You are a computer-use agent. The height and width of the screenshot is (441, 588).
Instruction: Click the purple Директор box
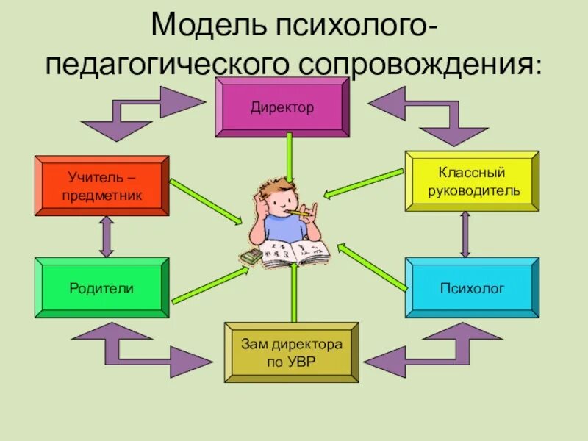pos(282,107)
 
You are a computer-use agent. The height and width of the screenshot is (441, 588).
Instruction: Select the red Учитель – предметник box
pos(102,186)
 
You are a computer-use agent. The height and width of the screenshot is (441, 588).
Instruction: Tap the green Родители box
pos(101,288)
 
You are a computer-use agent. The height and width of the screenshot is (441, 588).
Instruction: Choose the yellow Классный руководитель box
pos(472,182)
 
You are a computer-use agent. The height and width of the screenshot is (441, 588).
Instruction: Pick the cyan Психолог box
pos(472,288)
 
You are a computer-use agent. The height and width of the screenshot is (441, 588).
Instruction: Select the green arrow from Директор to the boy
pos(290,158)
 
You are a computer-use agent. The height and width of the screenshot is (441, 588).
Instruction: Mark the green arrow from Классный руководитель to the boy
pos(364,184)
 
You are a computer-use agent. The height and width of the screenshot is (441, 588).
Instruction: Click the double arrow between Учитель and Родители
pos(107,237)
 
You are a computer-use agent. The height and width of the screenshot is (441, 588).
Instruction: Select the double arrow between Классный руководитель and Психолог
pos(465,234)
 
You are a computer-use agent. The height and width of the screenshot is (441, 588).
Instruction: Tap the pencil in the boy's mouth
pos(297,214)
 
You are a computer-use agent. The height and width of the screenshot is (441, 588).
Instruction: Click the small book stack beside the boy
pos(250,257)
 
